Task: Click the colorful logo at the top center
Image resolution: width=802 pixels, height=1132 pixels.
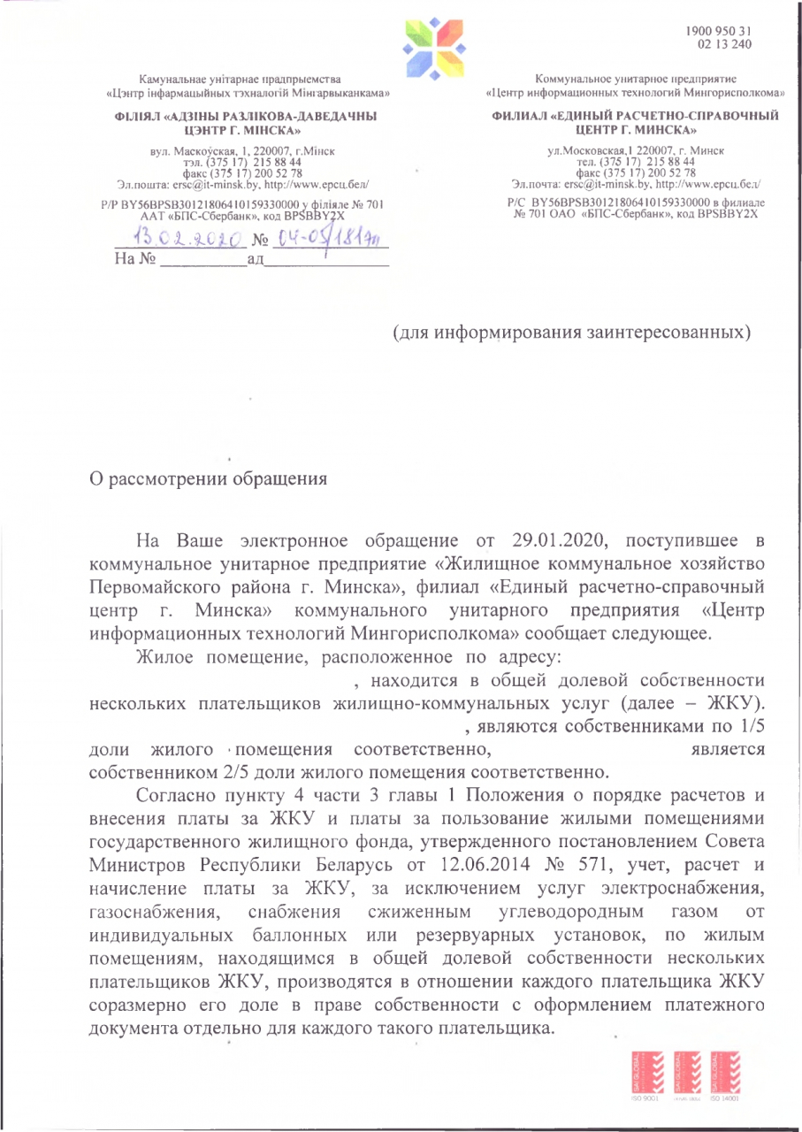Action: tap(430, 48)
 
